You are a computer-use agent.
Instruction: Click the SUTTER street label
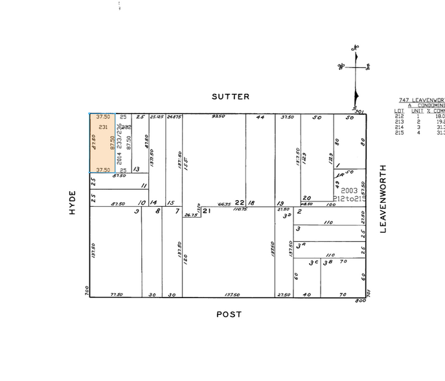230,97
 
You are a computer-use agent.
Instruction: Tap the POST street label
229,314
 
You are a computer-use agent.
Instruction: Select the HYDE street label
73,202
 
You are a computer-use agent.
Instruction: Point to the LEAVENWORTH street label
383,198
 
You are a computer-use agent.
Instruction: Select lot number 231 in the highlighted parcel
102,127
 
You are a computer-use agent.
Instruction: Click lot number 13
136,169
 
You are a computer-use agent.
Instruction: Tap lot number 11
143,185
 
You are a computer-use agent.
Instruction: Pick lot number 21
207,211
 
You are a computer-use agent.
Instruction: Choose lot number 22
238,202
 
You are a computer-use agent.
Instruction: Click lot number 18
251,203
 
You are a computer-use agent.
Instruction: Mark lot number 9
136,211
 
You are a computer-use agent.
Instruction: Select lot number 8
157,211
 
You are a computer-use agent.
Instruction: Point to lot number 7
176,211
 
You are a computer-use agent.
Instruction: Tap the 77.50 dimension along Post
116,294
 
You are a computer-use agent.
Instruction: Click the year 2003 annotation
349,191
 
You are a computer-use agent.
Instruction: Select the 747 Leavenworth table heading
421,100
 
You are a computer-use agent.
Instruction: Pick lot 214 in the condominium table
399,127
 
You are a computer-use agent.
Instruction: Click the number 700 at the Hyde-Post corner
86,293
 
